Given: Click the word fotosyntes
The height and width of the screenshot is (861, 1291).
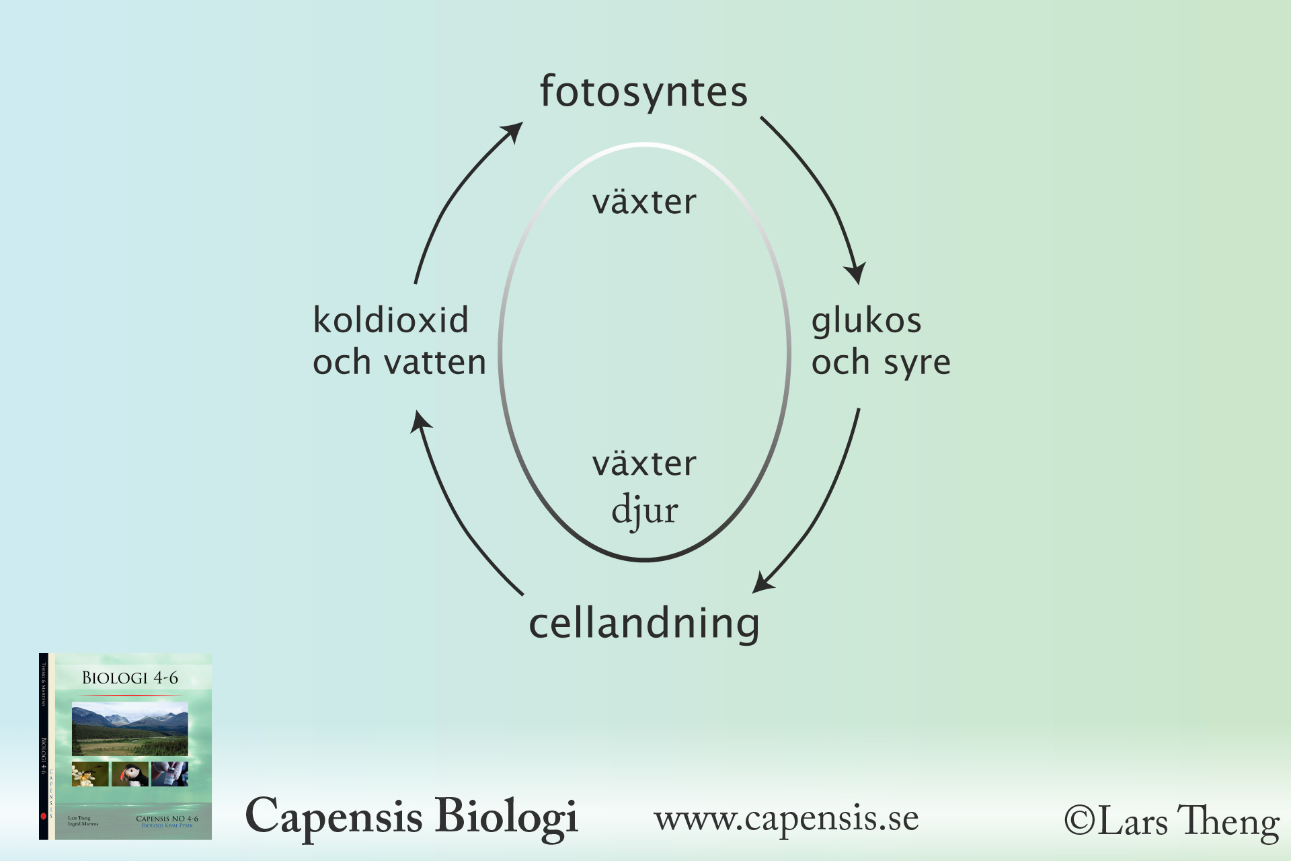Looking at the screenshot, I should [x=643, y=93].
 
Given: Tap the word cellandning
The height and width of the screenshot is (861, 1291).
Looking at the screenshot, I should [x=643, y=624].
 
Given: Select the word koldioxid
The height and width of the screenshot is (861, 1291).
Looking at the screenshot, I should [x=391, y=320].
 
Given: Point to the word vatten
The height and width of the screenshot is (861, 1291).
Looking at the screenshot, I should [x=435, y=363].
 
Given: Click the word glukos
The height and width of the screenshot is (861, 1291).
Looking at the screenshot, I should [x=866, y=322].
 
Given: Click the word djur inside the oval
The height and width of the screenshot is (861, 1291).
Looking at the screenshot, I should [x=644, y=510].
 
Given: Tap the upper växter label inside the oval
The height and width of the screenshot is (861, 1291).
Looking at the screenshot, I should [x=644, y=202].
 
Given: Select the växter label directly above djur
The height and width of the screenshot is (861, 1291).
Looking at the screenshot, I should [x=644, y=463].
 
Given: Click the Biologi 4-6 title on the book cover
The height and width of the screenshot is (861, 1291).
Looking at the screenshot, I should [x=130, y=678].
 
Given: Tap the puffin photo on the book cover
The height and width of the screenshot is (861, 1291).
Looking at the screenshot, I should [x=130, y=774].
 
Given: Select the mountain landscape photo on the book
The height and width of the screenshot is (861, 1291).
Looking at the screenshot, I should [x=130, y=729].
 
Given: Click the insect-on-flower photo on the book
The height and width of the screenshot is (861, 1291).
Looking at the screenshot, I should [x=90, y=774].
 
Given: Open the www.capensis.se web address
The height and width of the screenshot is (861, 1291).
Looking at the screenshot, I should [x=786, y=819].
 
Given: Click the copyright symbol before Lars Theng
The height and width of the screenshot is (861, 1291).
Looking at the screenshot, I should [x=1080, y=821].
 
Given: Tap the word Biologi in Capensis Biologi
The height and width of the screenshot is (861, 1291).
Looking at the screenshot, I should [x=506, y=817].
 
